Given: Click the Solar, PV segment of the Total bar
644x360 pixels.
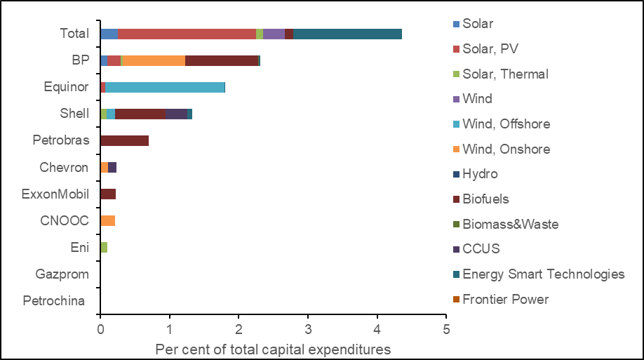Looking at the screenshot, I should coord(187,34).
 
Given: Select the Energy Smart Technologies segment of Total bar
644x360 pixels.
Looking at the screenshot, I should coord(347,34).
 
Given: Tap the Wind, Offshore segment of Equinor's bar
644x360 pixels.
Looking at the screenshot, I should coord(165,87).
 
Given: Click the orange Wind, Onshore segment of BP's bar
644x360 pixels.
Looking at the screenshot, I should coord(154,60).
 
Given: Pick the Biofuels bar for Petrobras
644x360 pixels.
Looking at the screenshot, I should coord(125,140).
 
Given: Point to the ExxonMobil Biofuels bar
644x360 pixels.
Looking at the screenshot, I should coord(108,194).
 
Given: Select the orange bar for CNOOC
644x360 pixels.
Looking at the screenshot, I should coord(108,220).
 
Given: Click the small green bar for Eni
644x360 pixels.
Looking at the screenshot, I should coord(104,247).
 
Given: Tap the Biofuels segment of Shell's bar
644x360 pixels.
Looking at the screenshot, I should coord(140,114).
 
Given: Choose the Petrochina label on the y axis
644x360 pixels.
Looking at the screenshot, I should coord(54,301).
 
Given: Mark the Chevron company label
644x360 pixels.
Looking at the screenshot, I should coord(64,167).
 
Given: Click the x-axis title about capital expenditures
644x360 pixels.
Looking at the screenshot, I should coord(273,349).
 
